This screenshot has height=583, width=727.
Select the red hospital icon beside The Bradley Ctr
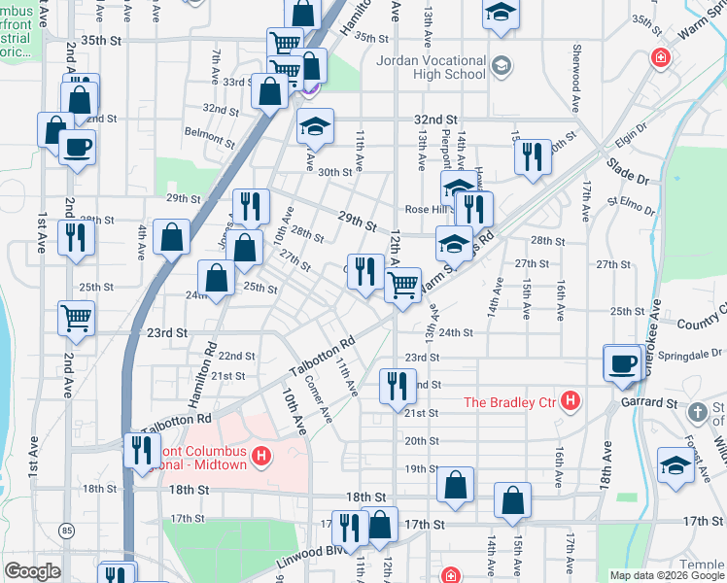point(571,400)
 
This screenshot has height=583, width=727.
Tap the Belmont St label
point(210,132)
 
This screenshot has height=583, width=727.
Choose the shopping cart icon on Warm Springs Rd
point(402,285)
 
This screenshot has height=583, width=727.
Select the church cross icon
point(697,413)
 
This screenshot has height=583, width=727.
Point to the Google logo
point(32,571)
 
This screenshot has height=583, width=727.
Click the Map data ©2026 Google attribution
point(667,575)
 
